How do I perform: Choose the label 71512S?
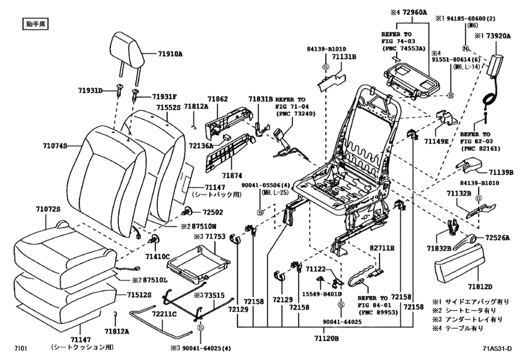point(137,295)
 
